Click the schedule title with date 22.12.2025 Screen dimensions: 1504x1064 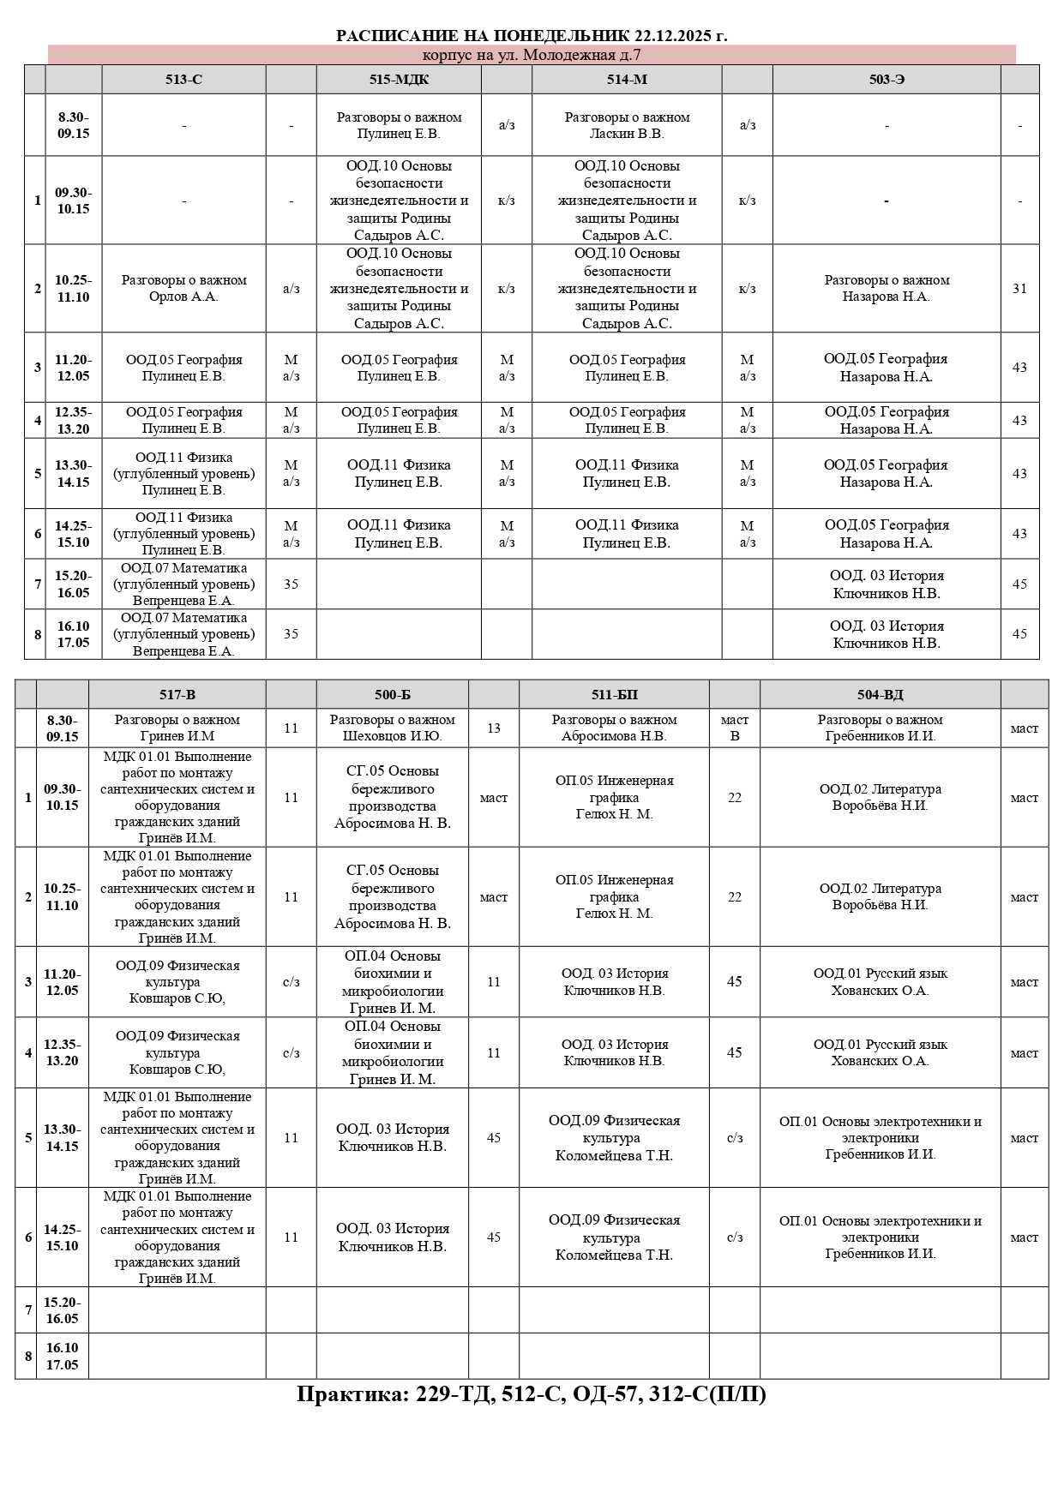(x=532, y=36)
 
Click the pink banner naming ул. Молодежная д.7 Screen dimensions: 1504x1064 (x=532, y=56)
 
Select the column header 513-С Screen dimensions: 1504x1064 (x=183, y=80)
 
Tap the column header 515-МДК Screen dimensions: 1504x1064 (x=399, y=80)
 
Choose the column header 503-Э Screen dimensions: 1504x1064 (x=887, y=80)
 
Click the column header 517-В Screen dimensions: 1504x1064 (x=177, y=695)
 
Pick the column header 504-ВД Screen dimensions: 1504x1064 (x=880, y=695)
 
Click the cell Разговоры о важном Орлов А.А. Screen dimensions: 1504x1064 (x=183, y=289)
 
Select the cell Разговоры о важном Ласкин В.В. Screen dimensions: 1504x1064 (x=627, y=125)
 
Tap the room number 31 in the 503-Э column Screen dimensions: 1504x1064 (x=1019, y=289)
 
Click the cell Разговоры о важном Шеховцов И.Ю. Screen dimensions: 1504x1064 (x=393, y=728)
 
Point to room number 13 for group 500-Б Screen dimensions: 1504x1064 (x=494, y=728)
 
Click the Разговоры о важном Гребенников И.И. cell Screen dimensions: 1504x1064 (x=880, y=728)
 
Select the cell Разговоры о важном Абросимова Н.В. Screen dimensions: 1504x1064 (x=614, y=728)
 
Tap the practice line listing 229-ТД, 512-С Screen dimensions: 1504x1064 (x=532, y=1394)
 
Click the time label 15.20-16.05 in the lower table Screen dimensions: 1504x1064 (x=63, y=1310)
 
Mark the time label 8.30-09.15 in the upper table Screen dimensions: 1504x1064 (x=74, y=125)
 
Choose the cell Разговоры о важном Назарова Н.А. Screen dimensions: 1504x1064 (x=887, y=289)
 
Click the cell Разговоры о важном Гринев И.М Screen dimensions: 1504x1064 (x=177, y=728)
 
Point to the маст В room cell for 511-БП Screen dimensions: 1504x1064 (x=735, y=728)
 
